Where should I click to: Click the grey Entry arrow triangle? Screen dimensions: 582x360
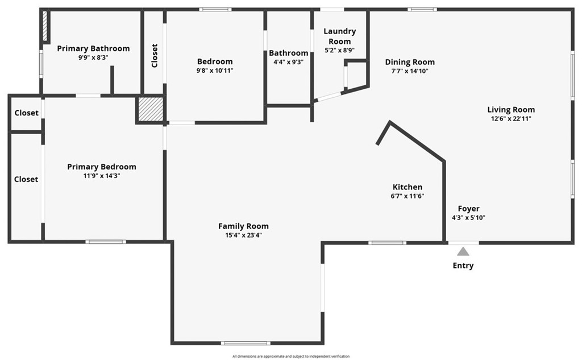click(463, 251)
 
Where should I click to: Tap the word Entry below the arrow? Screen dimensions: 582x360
click(463, 266)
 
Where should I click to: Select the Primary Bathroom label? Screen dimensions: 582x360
click(93, 48)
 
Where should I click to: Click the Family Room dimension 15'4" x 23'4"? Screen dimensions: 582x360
click(243, 235)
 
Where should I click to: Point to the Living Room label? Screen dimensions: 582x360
click(511, 110)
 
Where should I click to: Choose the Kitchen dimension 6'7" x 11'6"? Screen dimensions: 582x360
click(407, 196)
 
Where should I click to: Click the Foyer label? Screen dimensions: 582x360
click(468, 209)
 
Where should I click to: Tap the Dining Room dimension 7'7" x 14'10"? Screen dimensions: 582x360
click(410, 71)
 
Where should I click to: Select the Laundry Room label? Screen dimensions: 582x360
click(340, 36)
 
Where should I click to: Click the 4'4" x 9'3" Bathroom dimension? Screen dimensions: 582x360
click(288, 62)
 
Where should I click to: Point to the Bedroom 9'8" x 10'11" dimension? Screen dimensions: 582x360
click(215, 71)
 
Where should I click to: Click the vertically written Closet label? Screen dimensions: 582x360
click(155, 56)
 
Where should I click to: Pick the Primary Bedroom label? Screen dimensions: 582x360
click(102, 167)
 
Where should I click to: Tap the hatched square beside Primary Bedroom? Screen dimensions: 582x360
click(151, 109)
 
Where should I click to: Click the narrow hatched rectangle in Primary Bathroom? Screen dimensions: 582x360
click(45, 26)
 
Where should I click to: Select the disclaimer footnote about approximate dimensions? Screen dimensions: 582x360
click(291, 357)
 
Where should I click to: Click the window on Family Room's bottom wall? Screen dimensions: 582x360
click(246, 343)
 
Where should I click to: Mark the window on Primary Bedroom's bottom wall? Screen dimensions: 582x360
click(106, 242)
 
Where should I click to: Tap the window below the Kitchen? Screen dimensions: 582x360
click(388, 243)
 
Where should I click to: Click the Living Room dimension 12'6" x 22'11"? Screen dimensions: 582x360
click(511, 119)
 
